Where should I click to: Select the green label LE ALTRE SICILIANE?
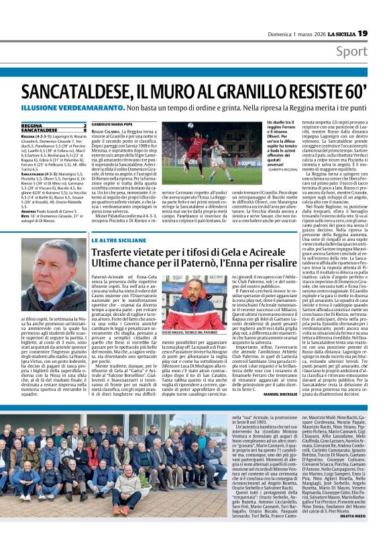click(x=119, y=241)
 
